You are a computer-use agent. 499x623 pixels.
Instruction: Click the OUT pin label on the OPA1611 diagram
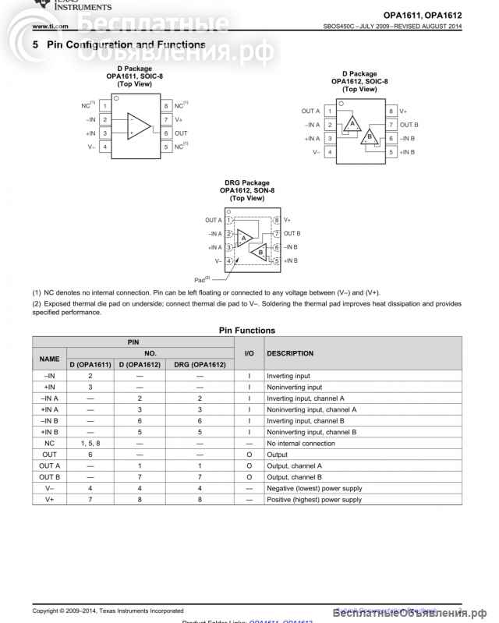tap(181, 133)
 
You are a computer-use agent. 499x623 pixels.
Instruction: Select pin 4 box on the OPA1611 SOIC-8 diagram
tap(104, 147)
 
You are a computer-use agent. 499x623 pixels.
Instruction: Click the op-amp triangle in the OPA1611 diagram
tap(139, 126)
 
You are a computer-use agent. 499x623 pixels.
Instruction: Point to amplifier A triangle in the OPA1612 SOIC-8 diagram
tap(352, 123)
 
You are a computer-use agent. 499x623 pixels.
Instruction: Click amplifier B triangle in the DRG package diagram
tap(260, 252)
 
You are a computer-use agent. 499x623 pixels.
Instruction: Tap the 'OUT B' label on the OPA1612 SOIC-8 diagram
tap(409, 125)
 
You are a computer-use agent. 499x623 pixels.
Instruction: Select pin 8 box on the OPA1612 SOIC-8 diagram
tap(391, 112)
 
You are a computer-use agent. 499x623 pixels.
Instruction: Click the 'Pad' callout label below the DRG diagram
tap(202, 278)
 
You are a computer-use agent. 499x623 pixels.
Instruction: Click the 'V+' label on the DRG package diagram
tap(287, 221)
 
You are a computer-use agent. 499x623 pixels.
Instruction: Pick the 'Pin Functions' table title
tap(246, 331)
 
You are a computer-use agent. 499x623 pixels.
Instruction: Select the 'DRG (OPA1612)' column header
tap(200, 364)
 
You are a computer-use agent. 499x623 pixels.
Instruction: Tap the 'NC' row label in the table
tap(49, 444)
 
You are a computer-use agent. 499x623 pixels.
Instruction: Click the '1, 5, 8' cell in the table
tap(90, 444)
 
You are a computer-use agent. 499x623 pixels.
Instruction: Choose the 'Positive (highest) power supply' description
tap(314, 500)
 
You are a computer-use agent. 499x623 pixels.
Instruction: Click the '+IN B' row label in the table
tap(49, 431)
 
